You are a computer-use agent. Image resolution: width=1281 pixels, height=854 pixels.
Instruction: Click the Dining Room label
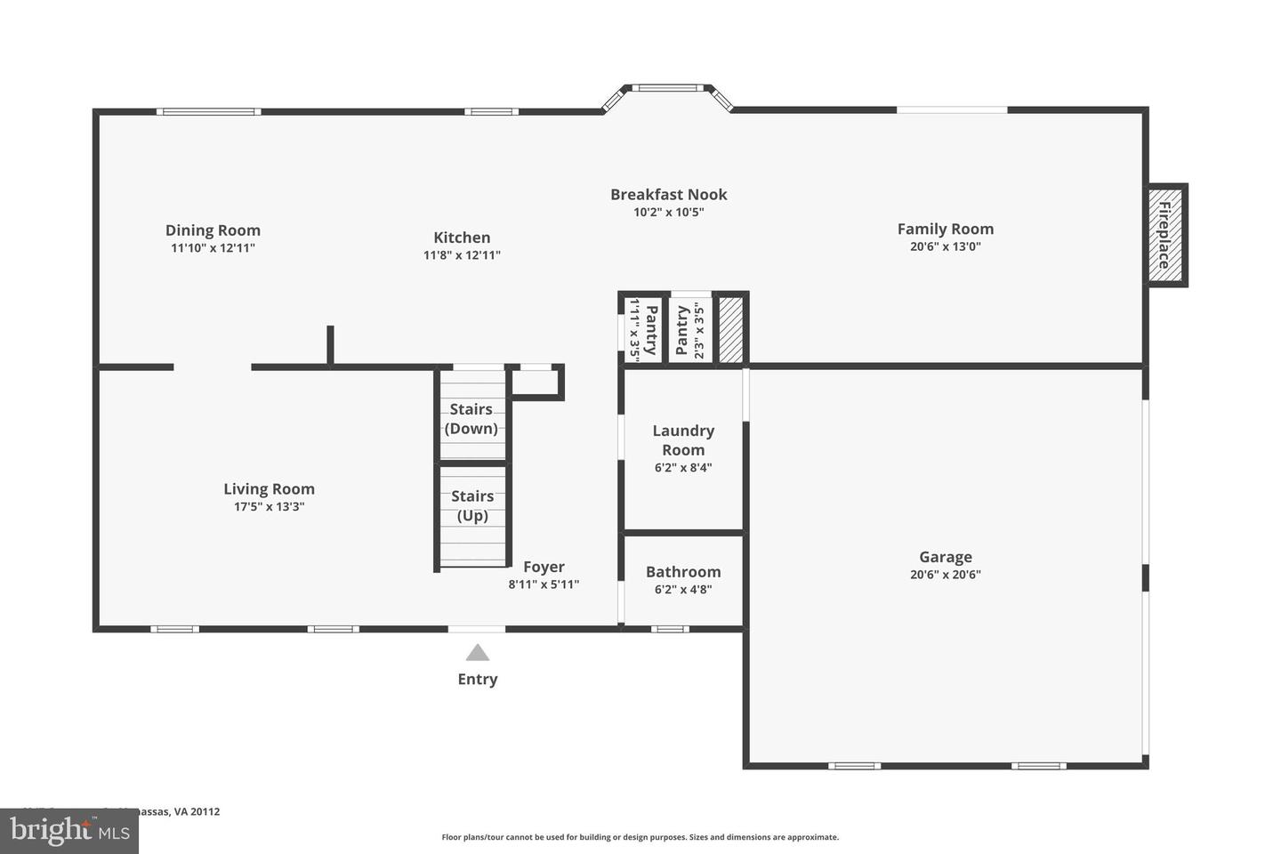pos(213,230)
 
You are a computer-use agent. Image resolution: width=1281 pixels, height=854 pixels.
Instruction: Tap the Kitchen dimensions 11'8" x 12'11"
pos(462,255)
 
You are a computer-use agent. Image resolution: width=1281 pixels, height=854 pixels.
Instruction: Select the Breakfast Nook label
pos(668,194)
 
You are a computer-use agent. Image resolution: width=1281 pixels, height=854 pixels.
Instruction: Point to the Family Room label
pos(945,229)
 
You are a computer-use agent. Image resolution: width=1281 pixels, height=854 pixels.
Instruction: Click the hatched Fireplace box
pos(1164,236)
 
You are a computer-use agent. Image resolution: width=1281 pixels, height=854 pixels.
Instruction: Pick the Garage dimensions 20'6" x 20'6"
pos(945,575)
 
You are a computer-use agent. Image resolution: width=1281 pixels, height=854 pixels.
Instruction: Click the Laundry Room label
pos(683,439)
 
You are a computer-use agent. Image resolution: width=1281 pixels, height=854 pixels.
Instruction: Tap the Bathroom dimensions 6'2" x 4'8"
pos(683,589)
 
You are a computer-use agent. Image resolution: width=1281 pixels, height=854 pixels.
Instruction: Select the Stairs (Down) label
pos(471,419)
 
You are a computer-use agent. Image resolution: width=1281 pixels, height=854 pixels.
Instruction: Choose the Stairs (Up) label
pos(471,505)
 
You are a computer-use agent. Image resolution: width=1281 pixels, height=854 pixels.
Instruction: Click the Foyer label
pos(544,567)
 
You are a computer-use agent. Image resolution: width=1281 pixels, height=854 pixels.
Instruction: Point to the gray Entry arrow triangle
pos(478,653)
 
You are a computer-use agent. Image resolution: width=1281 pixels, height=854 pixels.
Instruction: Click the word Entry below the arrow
pos(478,679)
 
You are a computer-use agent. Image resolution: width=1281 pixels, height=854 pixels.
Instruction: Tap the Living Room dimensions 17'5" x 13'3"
pos(269,507)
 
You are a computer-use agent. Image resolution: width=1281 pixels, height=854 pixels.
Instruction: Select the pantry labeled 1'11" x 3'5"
pos(643,329)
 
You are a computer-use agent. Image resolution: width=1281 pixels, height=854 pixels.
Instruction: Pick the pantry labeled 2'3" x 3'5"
pos(690,329)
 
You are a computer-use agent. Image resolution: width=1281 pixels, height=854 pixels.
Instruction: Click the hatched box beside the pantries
pos(730,329)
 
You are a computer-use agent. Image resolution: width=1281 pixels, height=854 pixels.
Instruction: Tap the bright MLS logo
pos(68,831)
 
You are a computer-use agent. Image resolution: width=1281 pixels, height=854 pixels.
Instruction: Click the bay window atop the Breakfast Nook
pos(667,88)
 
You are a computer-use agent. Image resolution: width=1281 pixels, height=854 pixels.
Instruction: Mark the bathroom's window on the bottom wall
pos(669,629)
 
